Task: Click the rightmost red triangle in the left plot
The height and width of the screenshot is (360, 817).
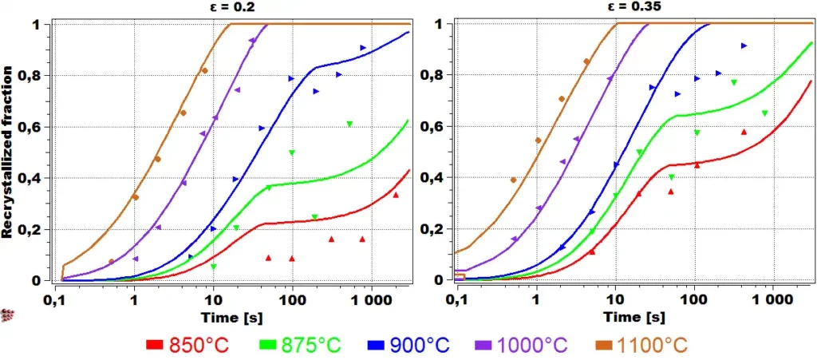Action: click(396, 195)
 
